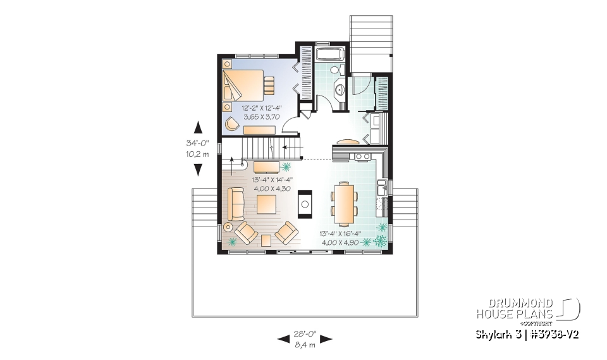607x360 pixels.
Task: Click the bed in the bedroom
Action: pos(243,85)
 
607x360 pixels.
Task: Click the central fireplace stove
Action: pos(305,203)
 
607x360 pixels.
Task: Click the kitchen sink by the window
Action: pos(382,187)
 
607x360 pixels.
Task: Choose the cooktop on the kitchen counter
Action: pos(361,155)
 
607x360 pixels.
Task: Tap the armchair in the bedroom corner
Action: pos(232,123)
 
